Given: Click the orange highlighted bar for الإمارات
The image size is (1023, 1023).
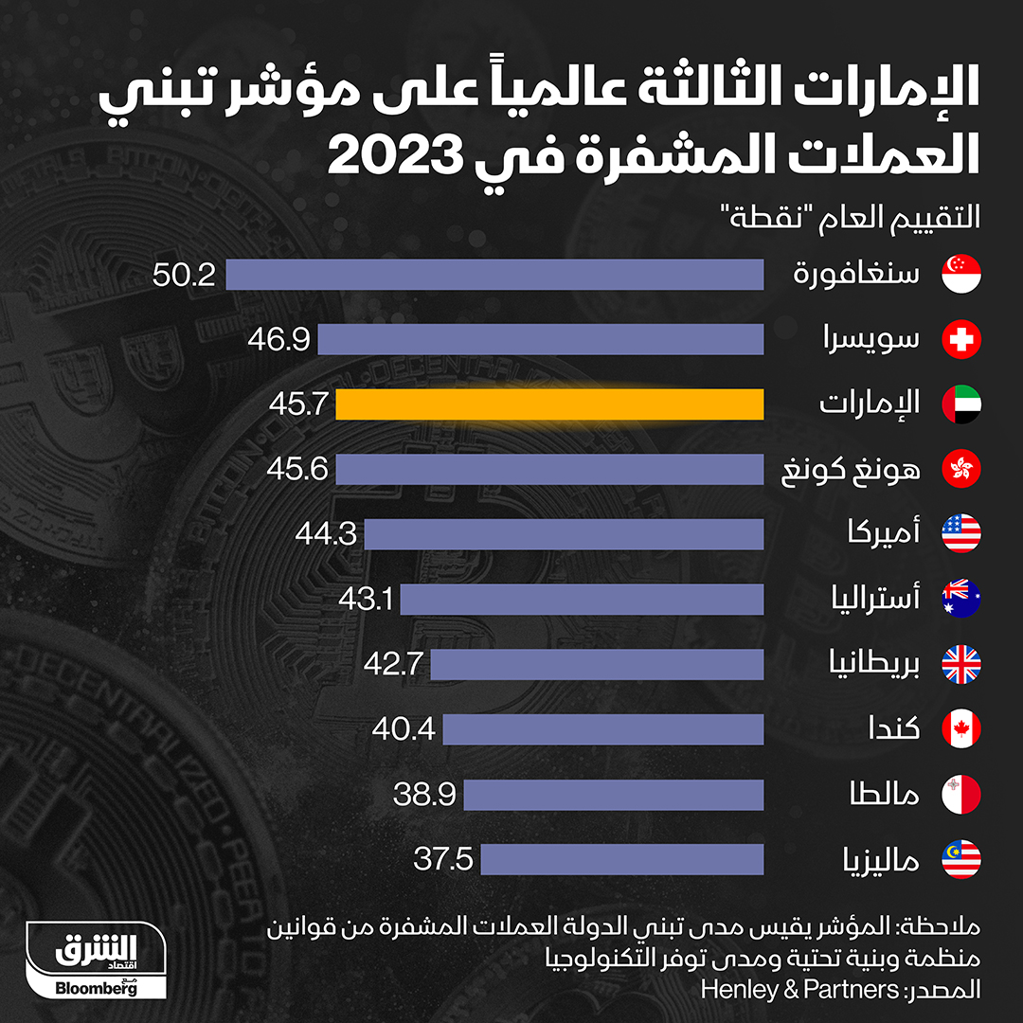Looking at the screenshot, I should point(549,404).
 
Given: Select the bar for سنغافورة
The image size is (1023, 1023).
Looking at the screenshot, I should point(494,275).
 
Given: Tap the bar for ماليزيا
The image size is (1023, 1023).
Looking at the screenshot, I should point(621,859).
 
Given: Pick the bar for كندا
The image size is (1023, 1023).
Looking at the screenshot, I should point(602,729).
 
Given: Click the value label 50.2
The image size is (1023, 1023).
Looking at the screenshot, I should point(185,275).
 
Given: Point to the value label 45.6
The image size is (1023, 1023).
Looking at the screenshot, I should point(297,470).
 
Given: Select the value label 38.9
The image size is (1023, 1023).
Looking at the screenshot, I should point(424,795).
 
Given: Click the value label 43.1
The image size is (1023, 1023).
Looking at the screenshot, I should point(365,600).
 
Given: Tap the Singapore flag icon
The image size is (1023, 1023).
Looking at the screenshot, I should point(960,275).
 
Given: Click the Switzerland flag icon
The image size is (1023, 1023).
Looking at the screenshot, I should point(960,339).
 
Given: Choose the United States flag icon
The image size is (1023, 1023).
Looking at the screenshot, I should point(960,534).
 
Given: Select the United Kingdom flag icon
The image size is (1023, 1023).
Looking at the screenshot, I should point(960,664).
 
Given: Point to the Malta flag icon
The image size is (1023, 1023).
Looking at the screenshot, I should point(960,795).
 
